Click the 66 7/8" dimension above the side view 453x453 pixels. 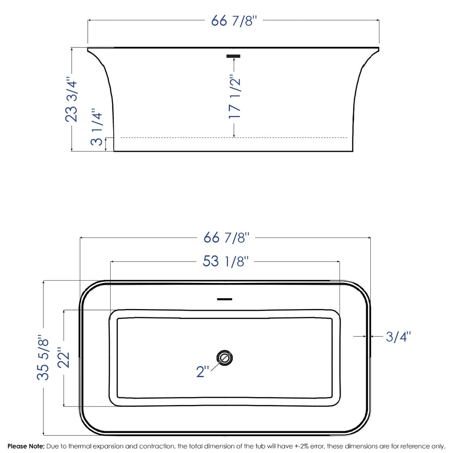tap(234, 20)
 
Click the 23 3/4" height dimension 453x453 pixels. tap(72, 101)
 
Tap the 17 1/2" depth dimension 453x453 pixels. tap(234, 97)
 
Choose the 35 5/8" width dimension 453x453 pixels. tap(43, 357)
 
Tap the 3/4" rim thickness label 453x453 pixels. tap(398, 337)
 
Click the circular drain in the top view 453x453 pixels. tap(225, 358)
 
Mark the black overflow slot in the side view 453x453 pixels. tap(233, 56)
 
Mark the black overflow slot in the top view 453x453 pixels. tap(225, 299)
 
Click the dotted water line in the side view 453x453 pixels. tap(177, 138)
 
